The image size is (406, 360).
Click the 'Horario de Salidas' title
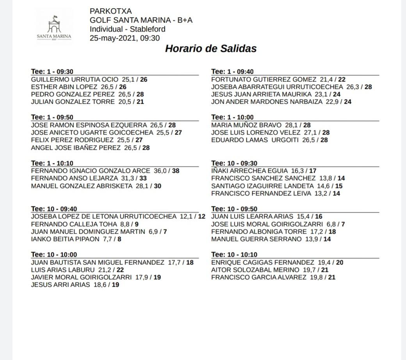(x=211, y=49)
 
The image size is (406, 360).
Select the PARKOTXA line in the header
(x=110, y=11)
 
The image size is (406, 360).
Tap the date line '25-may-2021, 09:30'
(x=125, y=38)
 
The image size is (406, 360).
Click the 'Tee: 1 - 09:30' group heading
(x=52, y=72)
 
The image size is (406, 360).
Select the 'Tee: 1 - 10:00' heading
(x=232, y=117)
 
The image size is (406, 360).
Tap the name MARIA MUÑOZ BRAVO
(x=246, y=125)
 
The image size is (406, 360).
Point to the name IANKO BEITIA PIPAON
(x=65, y=239)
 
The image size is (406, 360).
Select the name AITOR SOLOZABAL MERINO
(x=255, y=270)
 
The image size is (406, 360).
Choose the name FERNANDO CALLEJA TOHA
(x=74, y=224)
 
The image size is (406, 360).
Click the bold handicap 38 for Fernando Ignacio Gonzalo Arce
(x=175, y=171)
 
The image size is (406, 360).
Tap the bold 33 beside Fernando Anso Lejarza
(x=143, y=179)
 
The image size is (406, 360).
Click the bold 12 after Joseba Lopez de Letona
(x=201, y=216)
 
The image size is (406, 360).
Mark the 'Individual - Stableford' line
(x=127, y=29)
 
